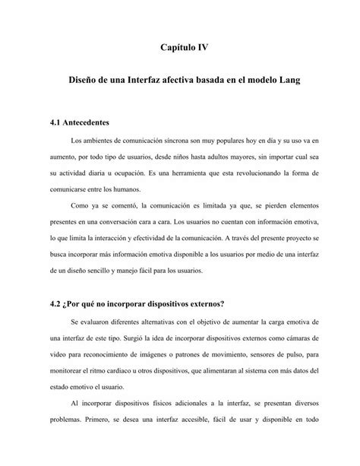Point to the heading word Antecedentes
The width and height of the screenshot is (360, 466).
pos(86,122)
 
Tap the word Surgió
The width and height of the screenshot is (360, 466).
pos(135,339)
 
